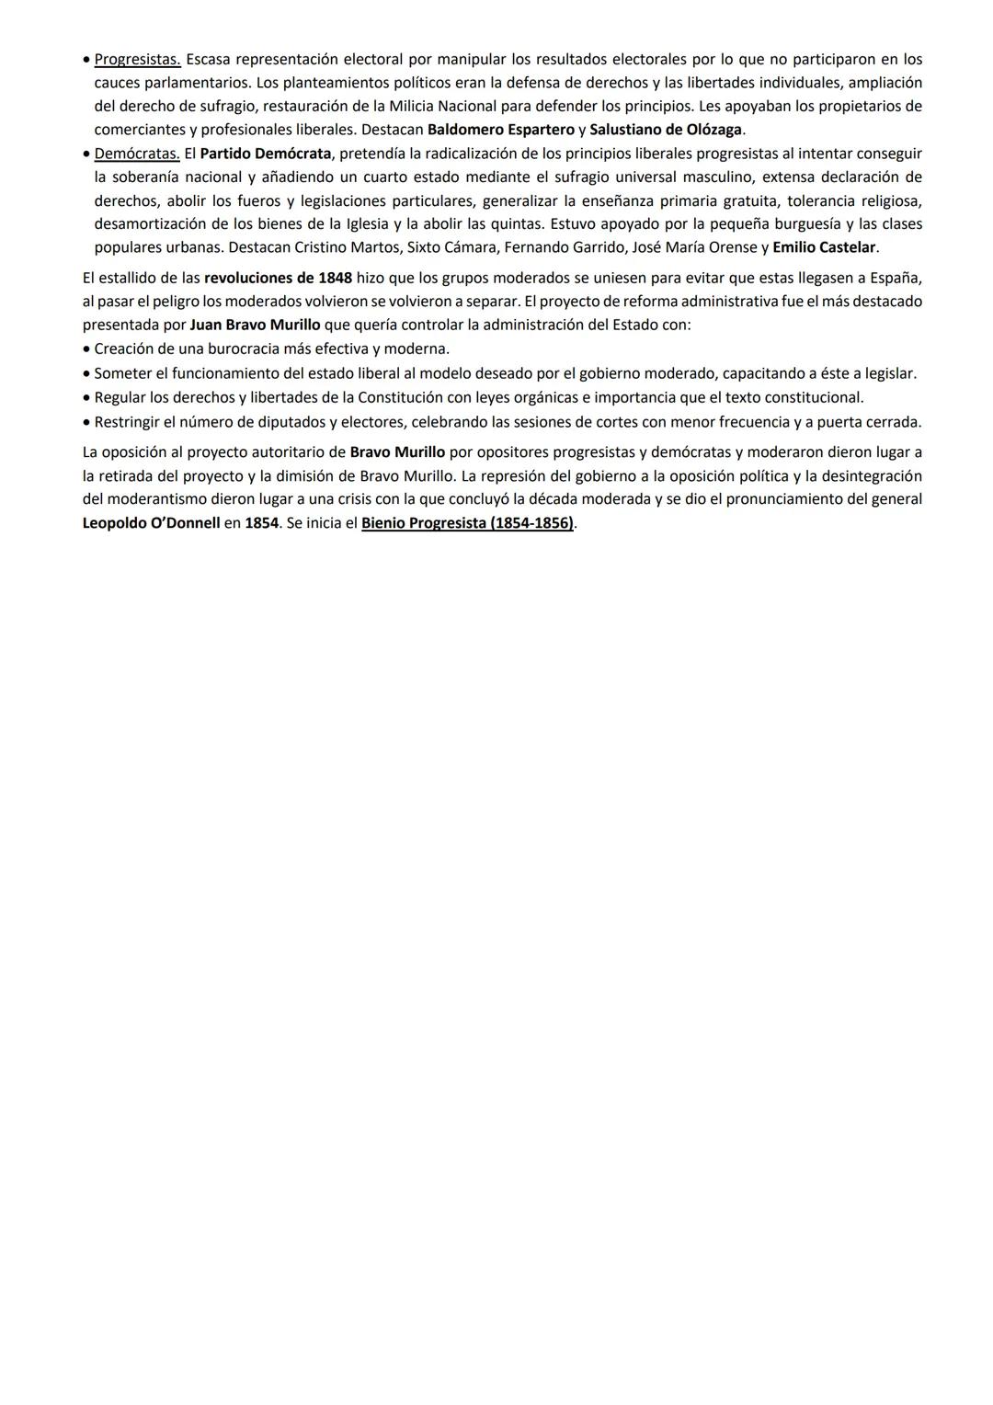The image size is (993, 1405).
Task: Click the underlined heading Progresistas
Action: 137,60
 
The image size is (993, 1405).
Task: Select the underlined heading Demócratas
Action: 137,154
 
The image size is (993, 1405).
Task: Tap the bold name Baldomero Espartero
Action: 501,130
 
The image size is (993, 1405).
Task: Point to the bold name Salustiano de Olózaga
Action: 666,130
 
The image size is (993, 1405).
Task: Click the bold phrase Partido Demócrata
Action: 265,154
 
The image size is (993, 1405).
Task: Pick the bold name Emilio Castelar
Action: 824,247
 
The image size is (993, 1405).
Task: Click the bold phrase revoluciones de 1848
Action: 278,278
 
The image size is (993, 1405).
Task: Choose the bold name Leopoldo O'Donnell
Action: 151,523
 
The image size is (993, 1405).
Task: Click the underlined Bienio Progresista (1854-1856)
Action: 467,523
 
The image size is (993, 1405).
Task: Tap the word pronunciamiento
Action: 754,499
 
